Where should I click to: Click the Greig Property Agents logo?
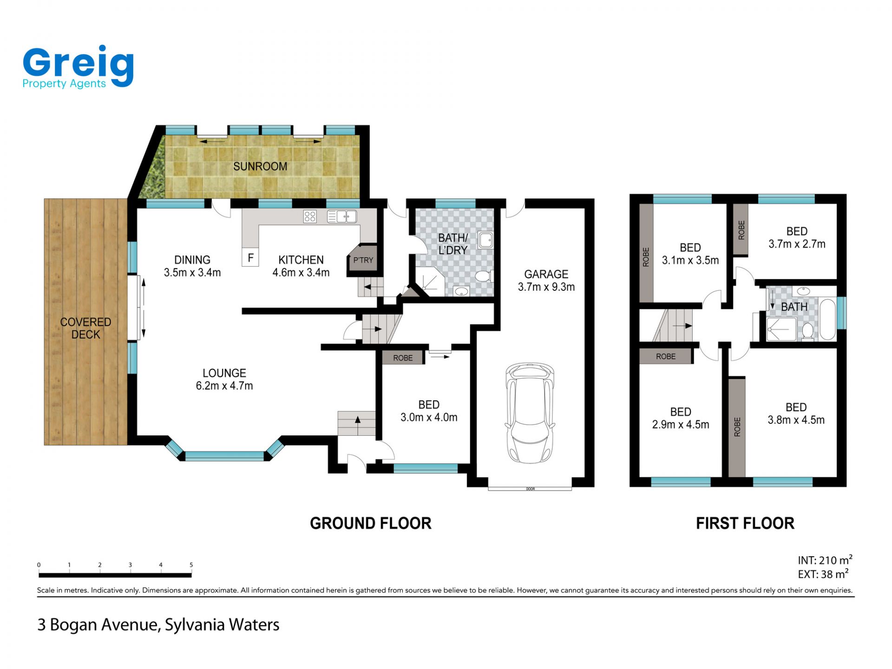[78, 67]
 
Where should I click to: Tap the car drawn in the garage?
[530, 413]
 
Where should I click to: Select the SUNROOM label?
[260, 166]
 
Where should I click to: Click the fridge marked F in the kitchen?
[250, 257]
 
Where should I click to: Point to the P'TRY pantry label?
[363, 260]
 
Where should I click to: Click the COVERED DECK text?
[85, 328]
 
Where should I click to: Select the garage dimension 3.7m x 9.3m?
[546, 287]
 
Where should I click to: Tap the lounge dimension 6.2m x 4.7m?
[224, 386]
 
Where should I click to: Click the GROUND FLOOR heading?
[371, 523]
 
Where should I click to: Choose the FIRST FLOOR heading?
[745, 523]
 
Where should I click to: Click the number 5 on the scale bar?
[191, 565]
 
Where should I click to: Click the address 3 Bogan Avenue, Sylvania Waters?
[158, 625]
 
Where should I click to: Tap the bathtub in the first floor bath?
[827, 320]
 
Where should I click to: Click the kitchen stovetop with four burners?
[310, 216]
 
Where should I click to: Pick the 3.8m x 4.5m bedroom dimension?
[796, 420]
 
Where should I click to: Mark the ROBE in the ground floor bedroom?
[403, 358]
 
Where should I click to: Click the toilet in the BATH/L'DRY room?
[484, 276]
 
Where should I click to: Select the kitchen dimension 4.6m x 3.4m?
[301, 273]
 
